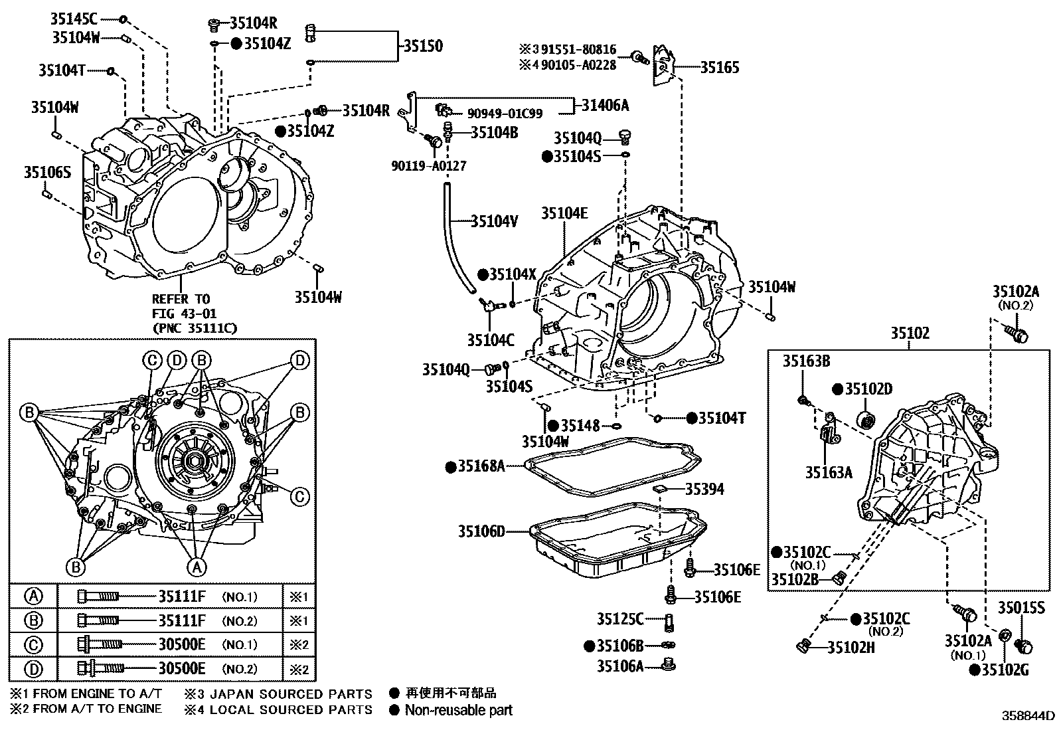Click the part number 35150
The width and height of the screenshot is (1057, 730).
click(423, 46)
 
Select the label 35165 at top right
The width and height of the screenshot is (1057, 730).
click(720, 67)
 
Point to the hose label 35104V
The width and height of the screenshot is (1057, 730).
click(494, 221)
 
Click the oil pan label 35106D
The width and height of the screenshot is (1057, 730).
click(481, 531)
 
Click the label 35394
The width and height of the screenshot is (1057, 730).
click(704, 490)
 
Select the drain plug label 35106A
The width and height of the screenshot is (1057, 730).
click(619, 666)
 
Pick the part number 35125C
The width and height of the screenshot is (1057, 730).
click(619, 619)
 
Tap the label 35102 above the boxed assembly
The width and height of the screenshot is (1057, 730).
click(910, 333)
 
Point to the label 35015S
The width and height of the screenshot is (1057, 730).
click(1021, 607)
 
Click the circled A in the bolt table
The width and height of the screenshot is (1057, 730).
click(33, 596)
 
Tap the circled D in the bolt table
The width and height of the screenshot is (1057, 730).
click(33, 668)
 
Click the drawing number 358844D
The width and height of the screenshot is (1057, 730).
click(1028, 716)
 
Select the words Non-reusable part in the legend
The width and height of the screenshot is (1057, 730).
click(459, 710)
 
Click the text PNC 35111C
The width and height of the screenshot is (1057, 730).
click(194, 328)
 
